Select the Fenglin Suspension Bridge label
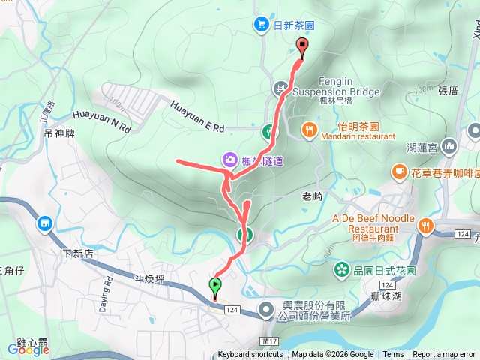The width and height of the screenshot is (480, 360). (x=335, y=87)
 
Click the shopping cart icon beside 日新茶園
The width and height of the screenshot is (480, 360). (x=261, y=25)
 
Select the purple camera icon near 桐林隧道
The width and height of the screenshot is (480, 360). (x=228, y=159)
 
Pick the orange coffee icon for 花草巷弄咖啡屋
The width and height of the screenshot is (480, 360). (x=398, y=173)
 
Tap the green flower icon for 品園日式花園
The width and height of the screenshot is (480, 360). (x=342, y=268)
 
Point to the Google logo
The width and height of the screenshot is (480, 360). (x=28, y=349)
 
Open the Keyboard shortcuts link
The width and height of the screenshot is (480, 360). (x=250, y=355)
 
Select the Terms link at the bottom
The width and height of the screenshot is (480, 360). (x=393, y=355)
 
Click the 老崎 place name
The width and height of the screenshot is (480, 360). (x=311, y=196)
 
